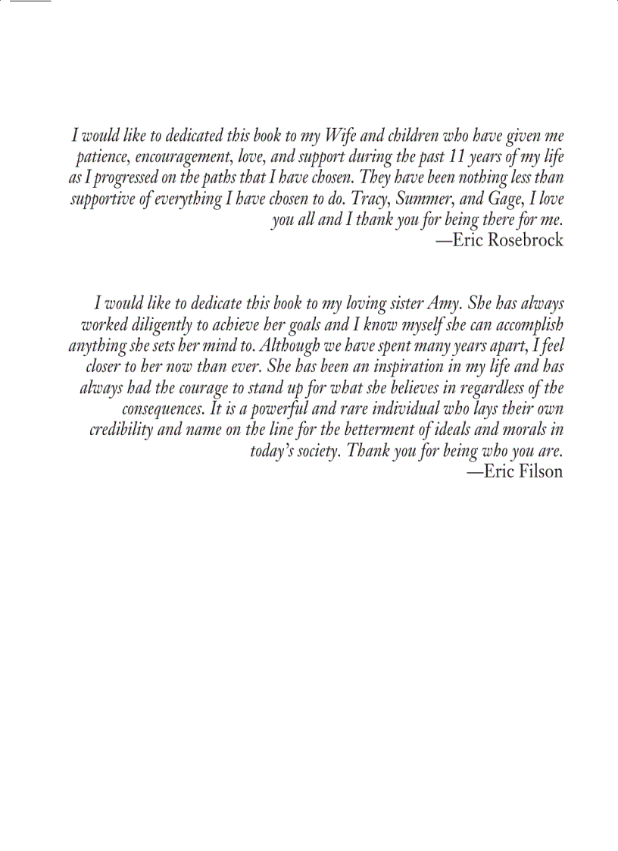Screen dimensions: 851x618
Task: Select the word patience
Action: click(x=103, y=158)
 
